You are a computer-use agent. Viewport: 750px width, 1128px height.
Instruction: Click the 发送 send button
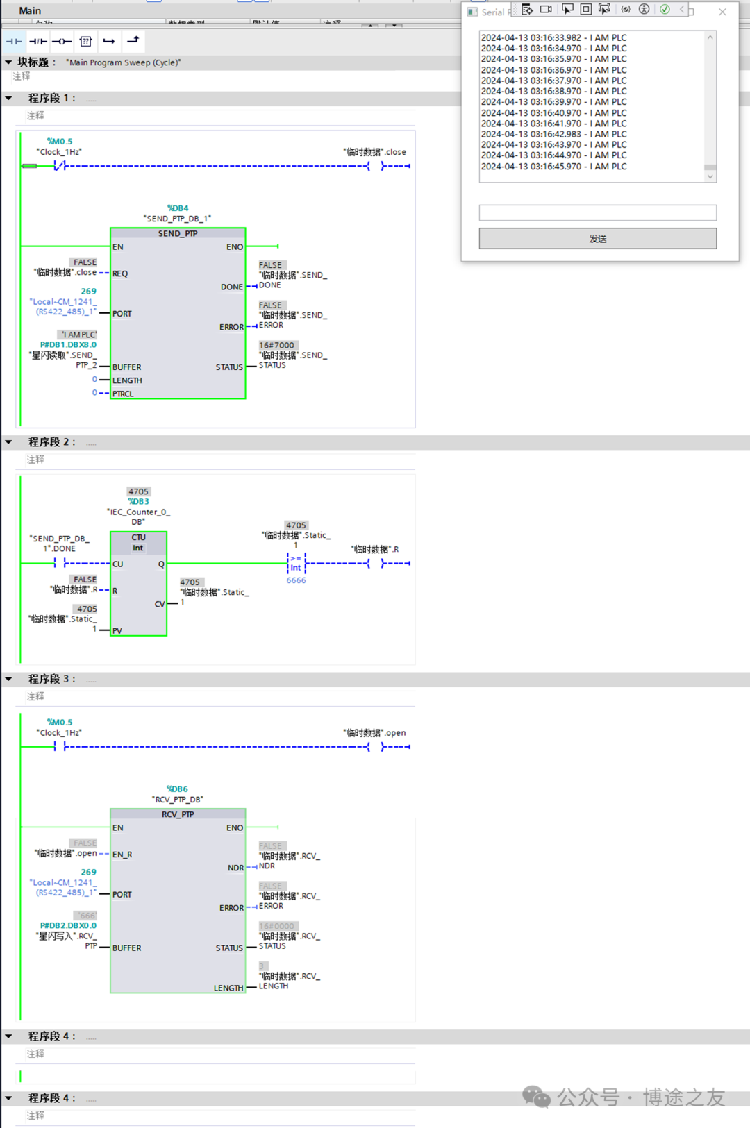click(x=597, y=239)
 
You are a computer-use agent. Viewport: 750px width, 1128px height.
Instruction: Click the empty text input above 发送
click(x=597, y=212)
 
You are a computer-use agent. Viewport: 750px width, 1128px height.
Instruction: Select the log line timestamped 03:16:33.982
click(x=553, y=38)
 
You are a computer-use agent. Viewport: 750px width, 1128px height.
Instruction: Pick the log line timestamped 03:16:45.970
click(x=553, y=167)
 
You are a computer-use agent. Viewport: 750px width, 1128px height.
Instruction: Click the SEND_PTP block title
click(x=178, y=234)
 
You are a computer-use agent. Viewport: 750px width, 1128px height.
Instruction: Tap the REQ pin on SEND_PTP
click(x=120, y=273)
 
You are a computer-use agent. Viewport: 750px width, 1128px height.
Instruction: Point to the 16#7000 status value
click(x=276, y=345)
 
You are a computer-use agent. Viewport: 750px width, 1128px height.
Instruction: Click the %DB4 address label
click(x=178, y=208)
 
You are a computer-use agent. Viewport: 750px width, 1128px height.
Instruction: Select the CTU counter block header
click(x=138, y=542)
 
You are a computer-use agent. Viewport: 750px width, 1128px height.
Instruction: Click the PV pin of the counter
click(x=117, y=630)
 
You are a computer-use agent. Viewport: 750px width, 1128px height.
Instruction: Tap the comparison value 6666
click(x=296, y=580)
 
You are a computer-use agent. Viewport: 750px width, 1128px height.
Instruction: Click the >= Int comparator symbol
click(x=296, y=563)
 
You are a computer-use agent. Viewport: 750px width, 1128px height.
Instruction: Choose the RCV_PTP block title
click(x=178, y=814)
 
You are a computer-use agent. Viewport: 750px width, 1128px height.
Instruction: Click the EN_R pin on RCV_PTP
click(x=122, y=855)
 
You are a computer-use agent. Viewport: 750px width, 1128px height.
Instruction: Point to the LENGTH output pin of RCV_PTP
click(x=228, y=988)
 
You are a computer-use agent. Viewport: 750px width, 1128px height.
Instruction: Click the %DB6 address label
click(x=177, y=789)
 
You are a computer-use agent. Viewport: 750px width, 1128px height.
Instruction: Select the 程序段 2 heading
click(x=51, y=442)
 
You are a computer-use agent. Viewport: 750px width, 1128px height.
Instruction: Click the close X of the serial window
click(x=722, y=12)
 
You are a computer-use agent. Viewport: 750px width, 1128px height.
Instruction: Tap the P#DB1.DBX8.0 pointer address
click(x=68, y=344)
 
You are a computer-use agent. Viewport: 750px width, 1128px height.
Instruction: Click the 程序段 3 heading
click(x=51, y=679)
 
